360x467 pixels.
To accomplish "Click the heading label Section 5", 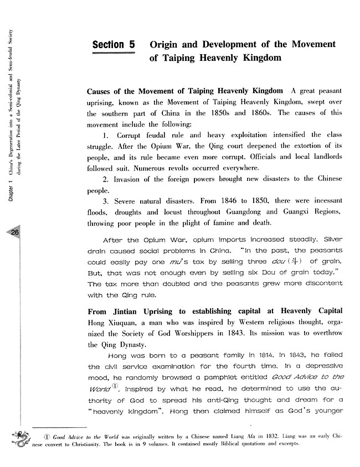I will pos(114,45).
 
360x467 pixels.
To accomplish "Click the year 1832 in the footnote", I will pos(255,436).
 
